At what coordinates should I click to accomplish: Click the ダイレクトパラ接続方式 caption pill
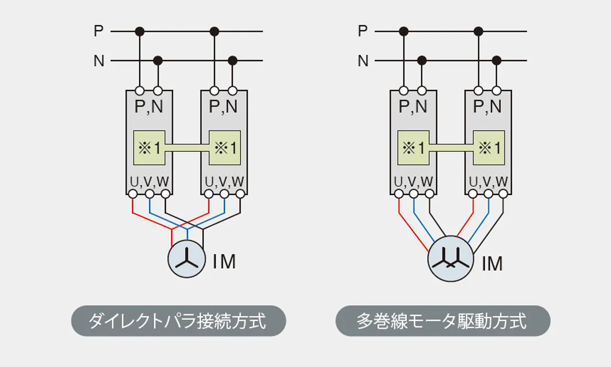pos(179,321)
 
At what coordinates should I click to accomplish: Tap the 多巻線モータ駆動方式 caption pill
pos(442,321)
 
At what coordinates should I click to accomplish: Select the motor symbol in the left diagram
pos(186,259)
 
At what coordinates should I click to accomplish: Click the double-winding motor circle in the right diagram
pos(451,259)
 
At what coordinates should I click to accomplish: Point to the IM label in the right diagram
pos(492,264)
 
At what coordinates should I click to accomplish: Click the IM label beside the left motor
pos(224,262)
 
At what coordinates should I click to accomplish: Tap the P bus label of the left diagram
pos(98,31)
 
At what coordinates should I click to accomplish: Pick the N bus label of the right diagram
pos(363,61)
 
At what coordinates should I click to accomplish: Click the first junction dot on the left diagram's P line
pos(140,31)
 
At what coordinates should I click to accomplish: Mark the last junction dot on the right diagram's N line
pos(496,61)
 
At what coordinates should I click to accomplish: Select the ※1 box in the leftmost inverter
pos(149,147)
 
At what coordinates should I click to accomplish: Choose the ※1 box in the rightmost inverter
pos(489,147)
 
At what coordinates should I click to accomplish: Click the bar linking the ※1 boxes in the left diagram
pos(187,147)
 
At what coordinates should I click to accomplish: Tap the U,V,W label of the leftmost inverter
pos(149,182)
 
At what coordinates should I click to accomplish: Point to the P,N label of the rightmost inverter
pos(487,106)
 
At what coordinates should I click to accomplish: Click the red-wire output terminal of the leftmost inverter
pos(133,194)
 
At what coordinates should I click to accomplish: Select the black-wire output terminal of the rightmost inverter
pos(504,194)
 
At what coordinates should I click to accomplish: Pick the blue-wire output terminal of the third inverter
pos(414,194)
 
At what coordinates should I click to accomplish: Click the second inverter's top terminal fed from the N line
pos(233,91)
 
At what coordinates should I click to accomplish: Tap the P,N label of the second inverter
pos(223,106)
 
